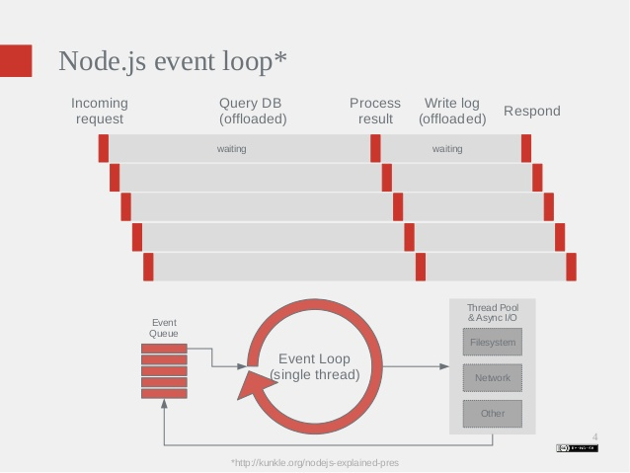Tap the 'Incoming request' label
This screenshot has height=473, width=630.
point(100,111)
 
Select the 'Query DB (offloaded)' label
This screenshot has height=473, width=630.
point(253,111)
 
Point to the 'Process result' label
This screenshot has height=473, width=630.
point(375,111)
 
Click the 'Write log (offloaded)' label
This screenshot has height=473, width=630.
point(452,111)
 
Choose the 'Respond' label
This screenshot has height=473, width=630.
point(532,111)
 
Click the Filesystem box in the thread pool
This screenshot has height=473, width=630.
point(493,343)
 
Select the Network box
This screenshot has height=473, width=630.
point(493,378)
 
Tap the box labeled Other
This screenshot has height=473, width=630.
point(493,414)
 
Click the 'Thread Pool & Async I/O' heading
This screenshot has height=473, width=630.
point(493,313)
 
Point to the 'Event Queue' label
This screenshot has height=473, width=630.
point(163,328)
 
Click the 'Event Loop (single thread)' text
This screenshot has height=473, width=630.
point(315,366)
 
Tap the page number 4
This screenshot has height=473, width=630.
point(595,435)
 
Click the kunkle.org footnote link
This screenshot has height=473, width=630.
point(315,462)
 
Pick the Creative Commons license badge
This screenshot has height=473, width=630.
point(576,448)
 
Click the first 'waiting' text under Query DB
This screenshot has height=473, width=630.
point(231,149)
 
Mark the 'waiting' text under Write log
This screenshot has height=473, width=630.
point(447,149)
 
